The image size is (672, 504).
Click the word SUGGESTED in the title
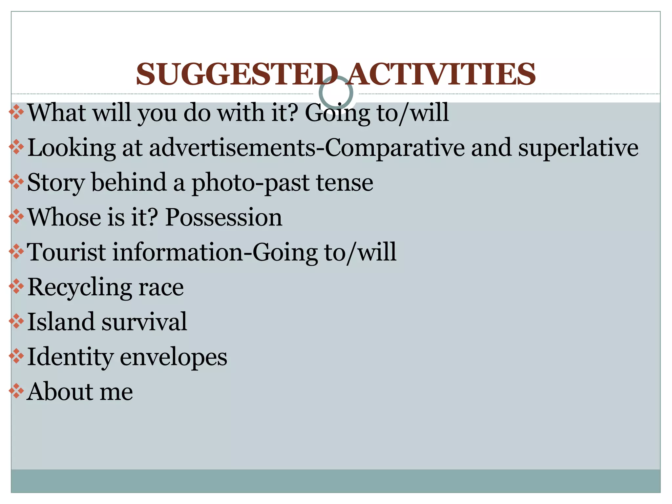coord(236,74)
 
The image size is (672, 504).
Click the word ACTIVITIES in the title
coord(442,74)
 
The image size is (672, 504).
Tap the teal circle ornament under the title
coord(336,93)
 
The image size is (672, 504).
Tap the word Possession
coord(223,217)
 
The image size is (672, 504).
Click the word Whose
coord(64,217)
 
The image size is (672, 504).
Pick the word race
coord(161,287)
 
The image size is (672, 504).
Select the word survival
coord(144,322)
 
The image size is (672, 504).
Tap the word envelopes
coord(173,357)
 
